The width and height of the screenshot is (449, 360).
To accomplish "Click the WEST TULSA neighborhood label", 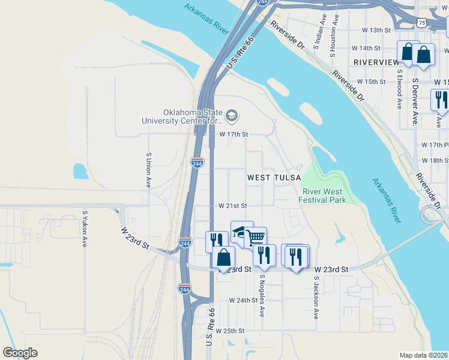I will click(x=270, y=178).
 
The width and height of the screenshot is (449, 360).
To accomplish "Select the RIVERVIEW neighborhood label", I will click(x=376, y=62).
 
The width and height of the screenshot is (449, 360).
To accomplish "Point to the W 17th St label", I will click(x=233, y=134).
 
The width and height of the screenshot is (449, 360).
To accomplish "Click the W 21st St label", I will click(x=233, y=205).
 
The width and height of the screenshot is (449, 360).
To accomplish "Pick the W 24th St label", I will click(x=243, y=300).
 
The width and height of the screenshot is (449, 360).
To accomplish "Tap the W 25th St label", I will click(x=231, y=331).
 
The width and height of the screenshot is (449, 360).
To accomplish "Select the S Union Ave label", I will click(x=148, y=170).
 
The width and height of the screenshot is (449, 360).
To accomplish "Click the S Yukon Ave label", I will click(x=85, y=229).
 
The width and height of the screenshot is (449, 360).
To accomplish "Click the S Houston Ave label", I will click(x=333, y=41).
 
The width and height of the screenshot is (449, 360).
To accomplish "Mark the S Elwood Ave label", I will click(x=399, y=89).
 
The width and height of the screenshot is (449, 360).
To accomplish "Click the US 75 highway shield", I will click(x=423, y=22).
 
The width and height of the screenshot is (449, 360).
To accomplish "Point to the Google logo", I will click(x=20, y=353).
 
